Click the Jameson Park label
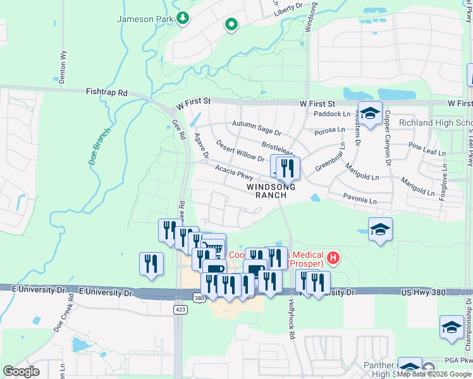point(145,19)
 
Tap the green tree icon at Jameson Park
point(183,18)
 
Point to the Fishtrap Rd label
point(106,92)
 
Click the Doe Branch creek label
point(99,147)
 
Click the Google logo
point(21,371)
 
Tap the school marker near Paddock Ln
point(370,113)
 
